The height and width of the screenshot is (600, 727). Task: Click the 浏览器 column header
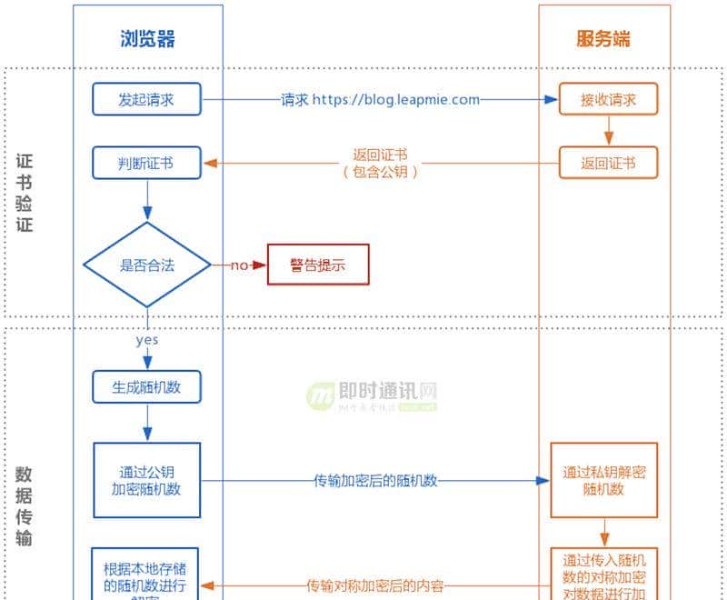tap(147, 38)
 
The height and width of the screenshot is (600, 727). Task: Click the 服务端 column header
tap(603, 38)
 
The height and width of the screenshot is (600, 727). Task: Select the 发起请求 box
tap(146, 100)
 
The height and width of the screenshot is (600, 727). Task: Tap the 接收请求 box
tap(608, 100)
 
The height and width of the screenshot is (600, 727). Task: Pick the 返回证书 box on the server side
tap(608, 164)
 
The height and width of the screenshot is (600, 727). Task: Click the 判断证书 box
tap(146, 164)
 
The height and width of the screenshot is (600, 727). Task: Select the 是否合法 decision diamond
tap(147, 265)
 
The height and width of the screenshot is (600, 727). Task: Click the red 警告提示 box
tap(318, 265)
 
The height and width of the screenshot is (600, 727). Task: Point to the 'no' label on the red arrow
tap(239, 265)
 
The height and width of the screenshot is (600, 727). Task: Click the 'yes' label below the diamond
tap(146, 340)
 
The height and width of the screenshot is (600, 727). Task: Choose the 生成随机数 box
tap(147, 386)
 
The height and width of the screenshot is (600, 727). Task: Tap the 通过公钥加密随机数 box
tap(147, 480)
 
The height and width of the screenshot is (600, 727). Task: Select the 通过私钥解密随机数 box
tap(603, 480)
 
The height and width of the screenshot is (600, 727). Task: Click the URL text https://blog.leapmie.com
tap(396, 100)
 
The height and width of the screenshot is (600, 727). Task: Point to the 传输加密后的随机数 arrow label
tap(376, 481)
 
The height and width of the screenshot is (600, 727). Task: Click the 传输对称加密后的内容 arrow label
tap(375, 585)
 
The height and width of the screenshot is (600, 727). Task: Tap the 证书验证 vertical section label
tap(25, 193)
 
